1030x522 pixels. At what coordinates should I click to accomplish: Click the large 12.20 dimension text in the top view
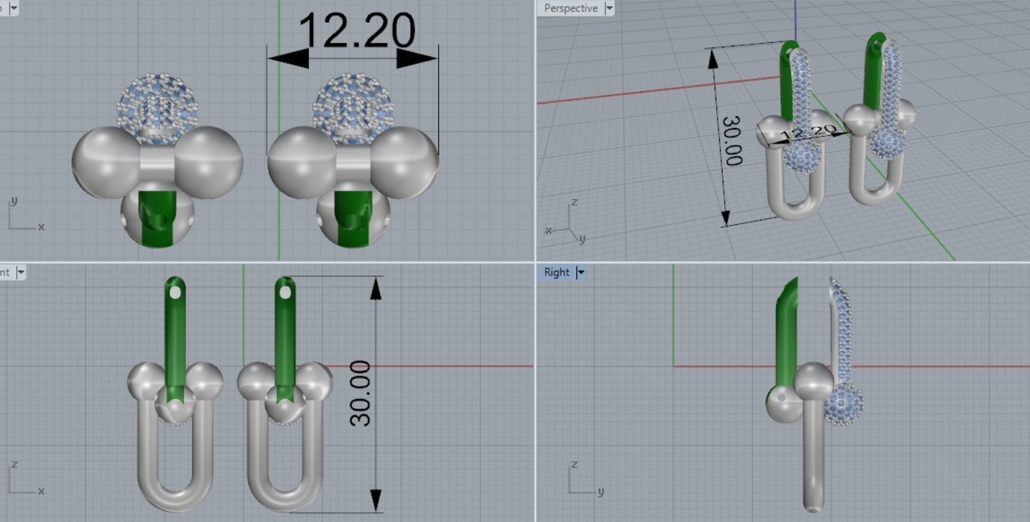coord(356,32)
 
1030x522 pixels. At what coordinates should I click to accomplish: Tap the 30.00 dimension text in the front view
coord(361,393)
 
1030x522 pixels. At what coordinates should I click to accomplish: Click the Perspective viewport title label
coord(570,8)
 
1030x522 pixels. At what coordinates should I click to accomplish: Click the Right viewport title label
coord(556,272)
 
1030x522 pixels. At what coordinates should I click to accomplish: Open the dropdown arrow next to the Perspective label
coord(608,9)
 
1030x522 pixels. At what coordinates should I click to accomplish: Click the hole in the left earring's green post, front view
coord(175,291)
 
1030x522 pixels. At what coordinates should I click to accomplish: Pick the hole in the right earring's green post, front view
coord(285,291)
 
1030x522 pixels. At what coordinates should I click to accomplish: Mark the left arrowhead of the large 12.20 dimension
coord(289,59)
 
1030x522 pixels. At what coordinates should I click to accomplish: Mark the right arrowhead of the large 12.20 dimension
coord(417,59)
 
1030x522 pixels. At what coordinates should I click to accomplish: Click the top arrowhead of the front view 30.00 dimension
coord(375,287)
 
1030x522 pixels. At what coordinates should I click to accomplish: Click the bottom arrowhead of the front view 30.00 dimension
coord(375,501)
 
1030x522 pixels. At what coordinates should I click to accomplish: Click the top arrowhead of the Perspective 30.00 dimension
coord(713,60)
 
